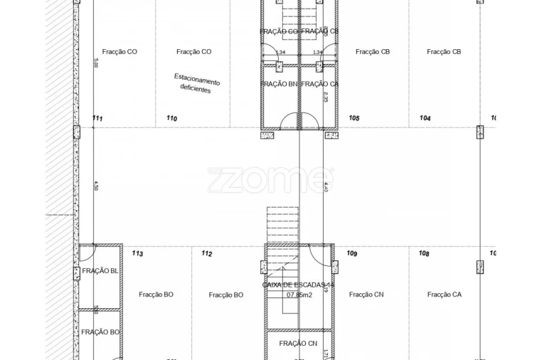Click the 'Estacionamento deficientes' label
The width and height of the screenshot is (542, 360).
tap(197, 83)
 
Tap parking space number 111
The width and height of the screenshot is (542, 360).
tap(97, 118)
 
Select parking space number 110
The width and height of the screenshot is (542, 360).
tap(171, 118)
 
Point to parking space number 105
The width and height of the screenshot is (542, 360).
tap(354, 118)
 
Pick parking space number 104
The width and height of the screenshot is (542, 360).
tap(425, 118)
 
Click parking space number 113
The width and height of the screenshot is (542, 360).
tap(137, 253)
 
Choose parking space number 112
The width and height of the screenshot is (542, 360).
tap(207, 253)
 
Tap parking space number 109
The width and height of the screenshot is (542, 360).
tap(351, 253)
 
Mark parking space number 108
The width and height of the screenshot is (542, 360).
tap(424, 253)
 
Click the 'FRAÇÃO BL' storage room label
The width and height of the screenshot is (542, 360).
tap(100, 270)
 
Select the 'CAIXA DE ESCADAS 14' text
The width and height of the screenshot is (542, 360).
tap(298, 285)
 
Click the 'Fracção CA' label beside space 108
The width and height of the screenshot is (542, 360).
tap(445, 294)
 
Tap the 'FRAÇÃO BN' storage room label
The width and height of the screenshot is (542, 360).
tap(280, 84)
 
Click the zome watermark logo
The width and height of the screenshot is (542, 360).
tap(270, 180)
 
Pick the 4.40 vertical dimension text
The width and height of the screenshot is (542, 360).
tap(326, 187)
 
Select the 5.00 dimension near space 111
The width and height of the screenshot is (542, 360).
tap(96, 63)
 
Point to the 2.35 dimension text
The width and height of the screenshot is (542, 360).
tap(325, 96)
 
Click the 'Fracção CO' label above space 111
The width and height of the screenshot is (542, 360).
tap(119, 51)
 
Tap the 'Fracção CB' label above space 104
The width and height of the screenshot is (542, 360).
tap(445, 51)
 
